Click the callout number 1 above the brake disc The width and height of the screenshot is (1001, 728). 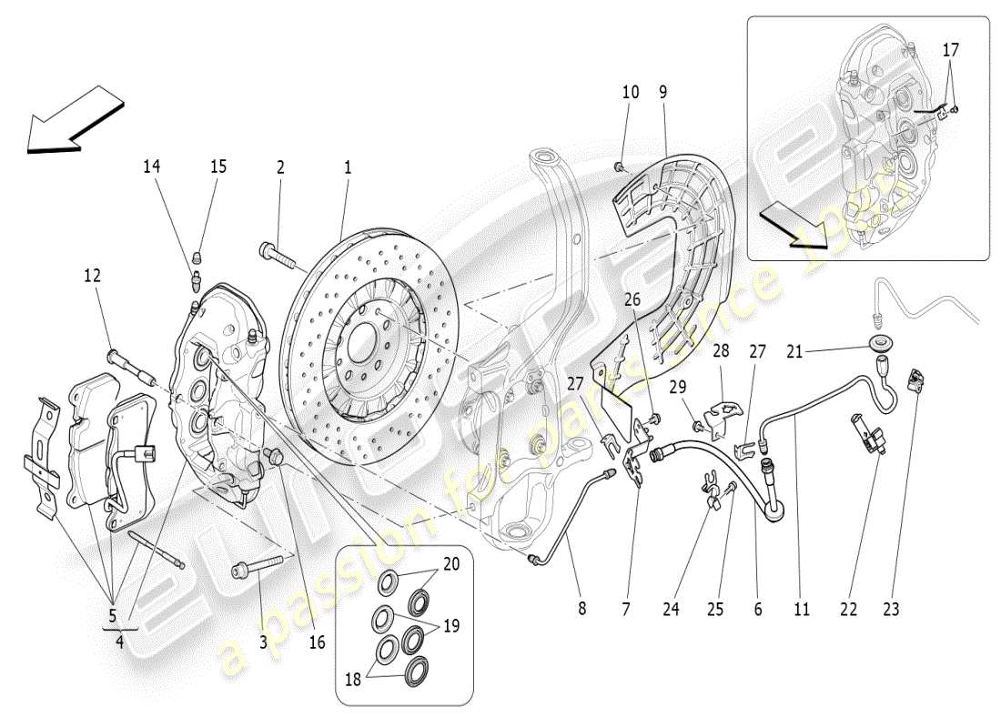click(347, 167)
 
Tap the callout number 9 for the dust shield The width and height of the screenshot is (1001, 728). click(662, 92)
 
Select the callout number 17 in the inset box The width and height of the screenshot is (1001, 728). click(951, 51)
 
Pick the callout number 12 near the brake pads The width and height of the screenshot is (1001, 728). click(93, 275)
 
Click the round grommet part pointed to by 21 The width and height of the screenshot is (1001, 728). click(882, 345)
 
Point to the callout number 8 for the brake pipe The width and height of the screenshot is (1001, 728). click(582, 610)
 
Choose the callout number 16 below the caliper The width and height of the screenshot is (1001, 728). click(317, 642)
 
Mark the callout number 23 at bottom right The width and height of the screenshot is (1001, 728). click(891, 610)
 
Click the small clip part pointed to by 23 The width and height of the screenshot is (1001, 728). click(916, 380)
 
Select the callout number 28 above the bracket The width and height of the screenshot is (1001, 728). click(721, 351)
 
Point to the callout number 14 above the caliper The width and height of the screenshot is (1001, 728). click(150, 167)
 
